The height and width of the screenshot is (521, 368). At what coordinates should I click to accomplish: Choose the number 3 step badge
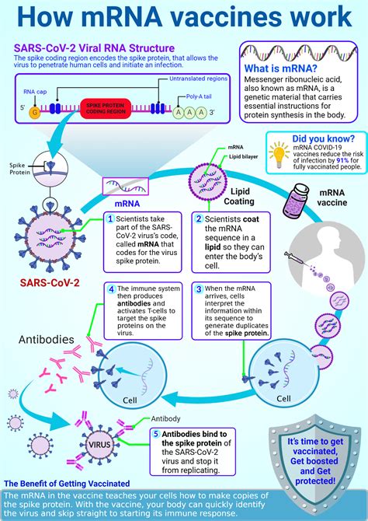click(198, 288)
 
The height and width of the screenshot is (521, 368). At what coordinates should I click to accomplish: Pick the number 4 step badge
click(110, 288)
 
